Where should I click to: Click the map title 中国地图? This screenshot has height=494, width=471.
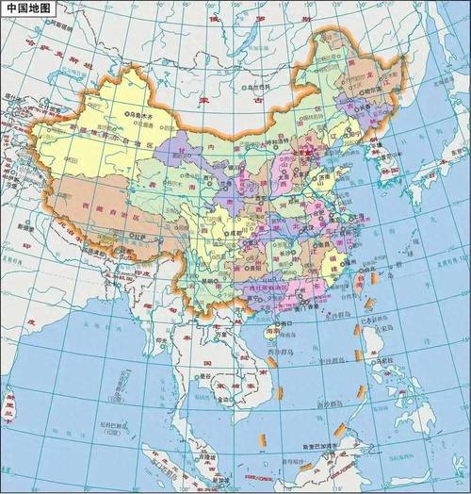(27, 8)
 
